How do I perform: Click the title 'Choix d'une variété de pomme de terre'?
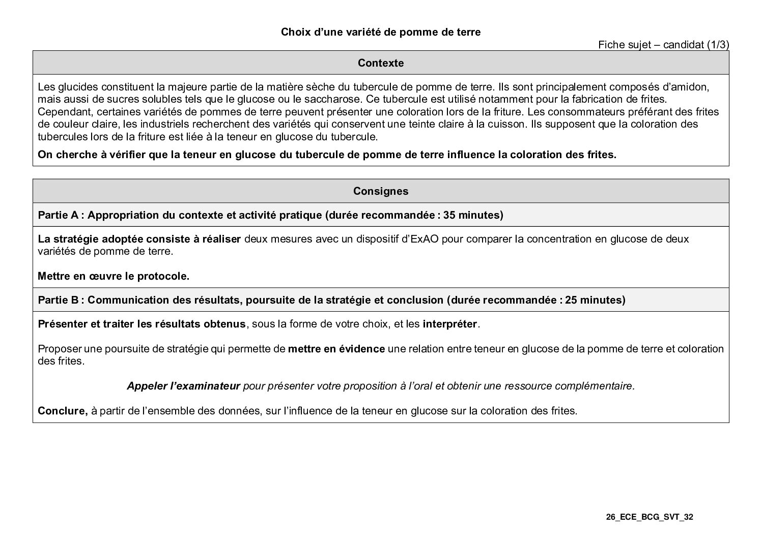tap(381, 32)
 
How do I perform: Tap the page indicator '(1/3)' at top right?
tap(717, 45)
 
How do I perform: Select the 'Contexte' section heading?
tap(381, 63)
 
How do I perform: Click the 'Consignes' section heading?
tap(381, 191)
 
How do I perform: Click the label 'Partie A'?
tap(58, 215)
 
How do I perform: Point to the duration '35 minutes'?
tap(471, 215)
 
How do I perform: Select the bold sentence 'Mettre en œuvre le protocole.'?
tap(114, 276)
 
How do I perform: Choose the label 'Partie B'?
tap(58, 300)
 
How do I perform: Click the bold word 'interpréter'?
tap(450, 324)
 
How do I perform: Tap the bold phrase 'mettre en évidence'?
tap(336, 349)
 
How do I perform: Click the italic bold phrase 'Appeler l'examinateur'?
tap(183, 386)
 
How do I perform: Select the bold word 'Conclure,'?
tap(63, 411)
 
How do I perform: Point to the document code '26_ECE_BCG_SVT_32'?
tap(650, 517)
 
